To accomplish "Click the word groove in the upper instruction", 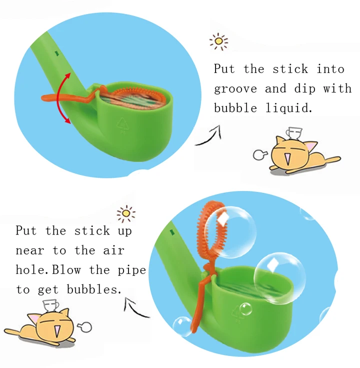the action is click(235, 89).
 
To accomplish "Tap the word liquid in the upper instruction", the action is click(289, 107).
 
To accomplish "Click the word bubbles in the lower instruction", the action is click(94, 289).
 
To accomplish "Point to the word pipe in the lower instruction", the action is click(131, 270).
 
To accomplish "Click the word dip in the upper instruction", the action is click(304, 88).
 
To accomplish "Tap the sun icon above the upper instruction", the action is click(218, 41).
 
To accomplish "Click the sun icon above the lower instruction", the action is click(126, 213).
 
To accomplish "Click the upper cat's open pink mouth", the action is click(287, 158).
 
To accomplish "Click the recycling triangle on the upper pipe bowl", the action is click(122, 124).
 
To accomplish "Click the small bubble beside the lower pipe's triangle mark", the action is click(245, 309).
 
